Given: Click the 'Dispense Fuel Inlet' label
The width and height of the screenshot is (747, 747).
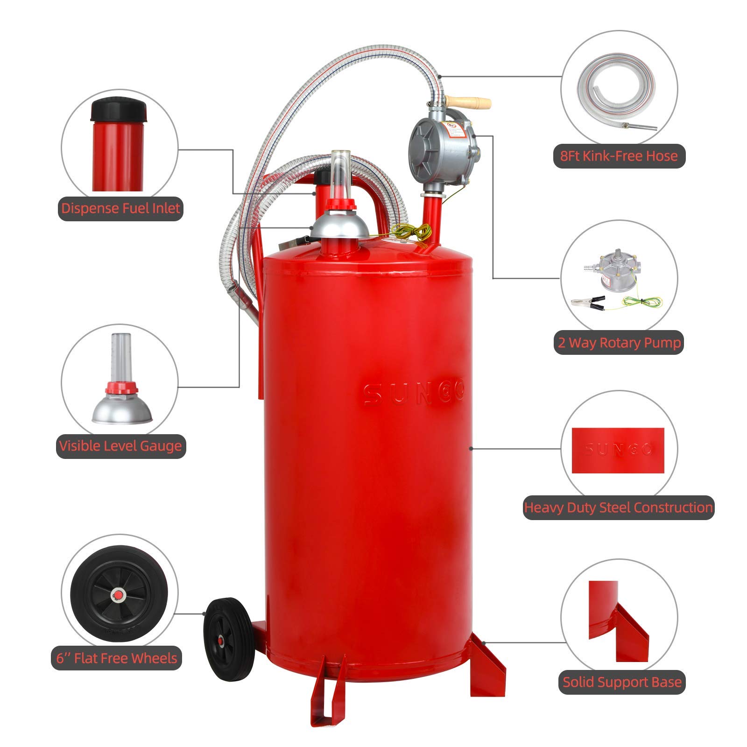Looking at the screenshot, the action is click(120, 208).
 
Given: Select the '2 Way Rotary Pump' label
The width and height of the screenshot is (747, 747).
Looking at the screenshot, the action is click(619, 343).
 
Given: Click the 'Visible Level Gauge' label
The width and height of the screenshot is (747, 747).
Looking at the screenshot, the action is click(120, 446).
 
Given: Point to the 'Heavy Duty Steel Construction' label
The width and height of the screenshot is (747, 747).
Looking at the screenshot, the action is click(618, 507).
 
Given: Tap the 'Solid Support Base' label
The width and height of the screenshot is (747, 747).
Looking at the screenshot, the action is click(621, 682).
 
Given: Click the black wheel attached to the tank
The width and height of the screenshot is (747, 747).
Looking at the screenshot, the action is click(229, 639).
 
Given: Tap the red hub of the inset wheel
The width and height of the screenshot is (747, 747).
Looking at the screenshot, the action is click(118, 594).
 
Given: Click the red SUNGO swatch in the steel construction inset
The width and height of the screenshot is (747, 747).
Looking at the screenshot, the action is click(618, 450).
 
